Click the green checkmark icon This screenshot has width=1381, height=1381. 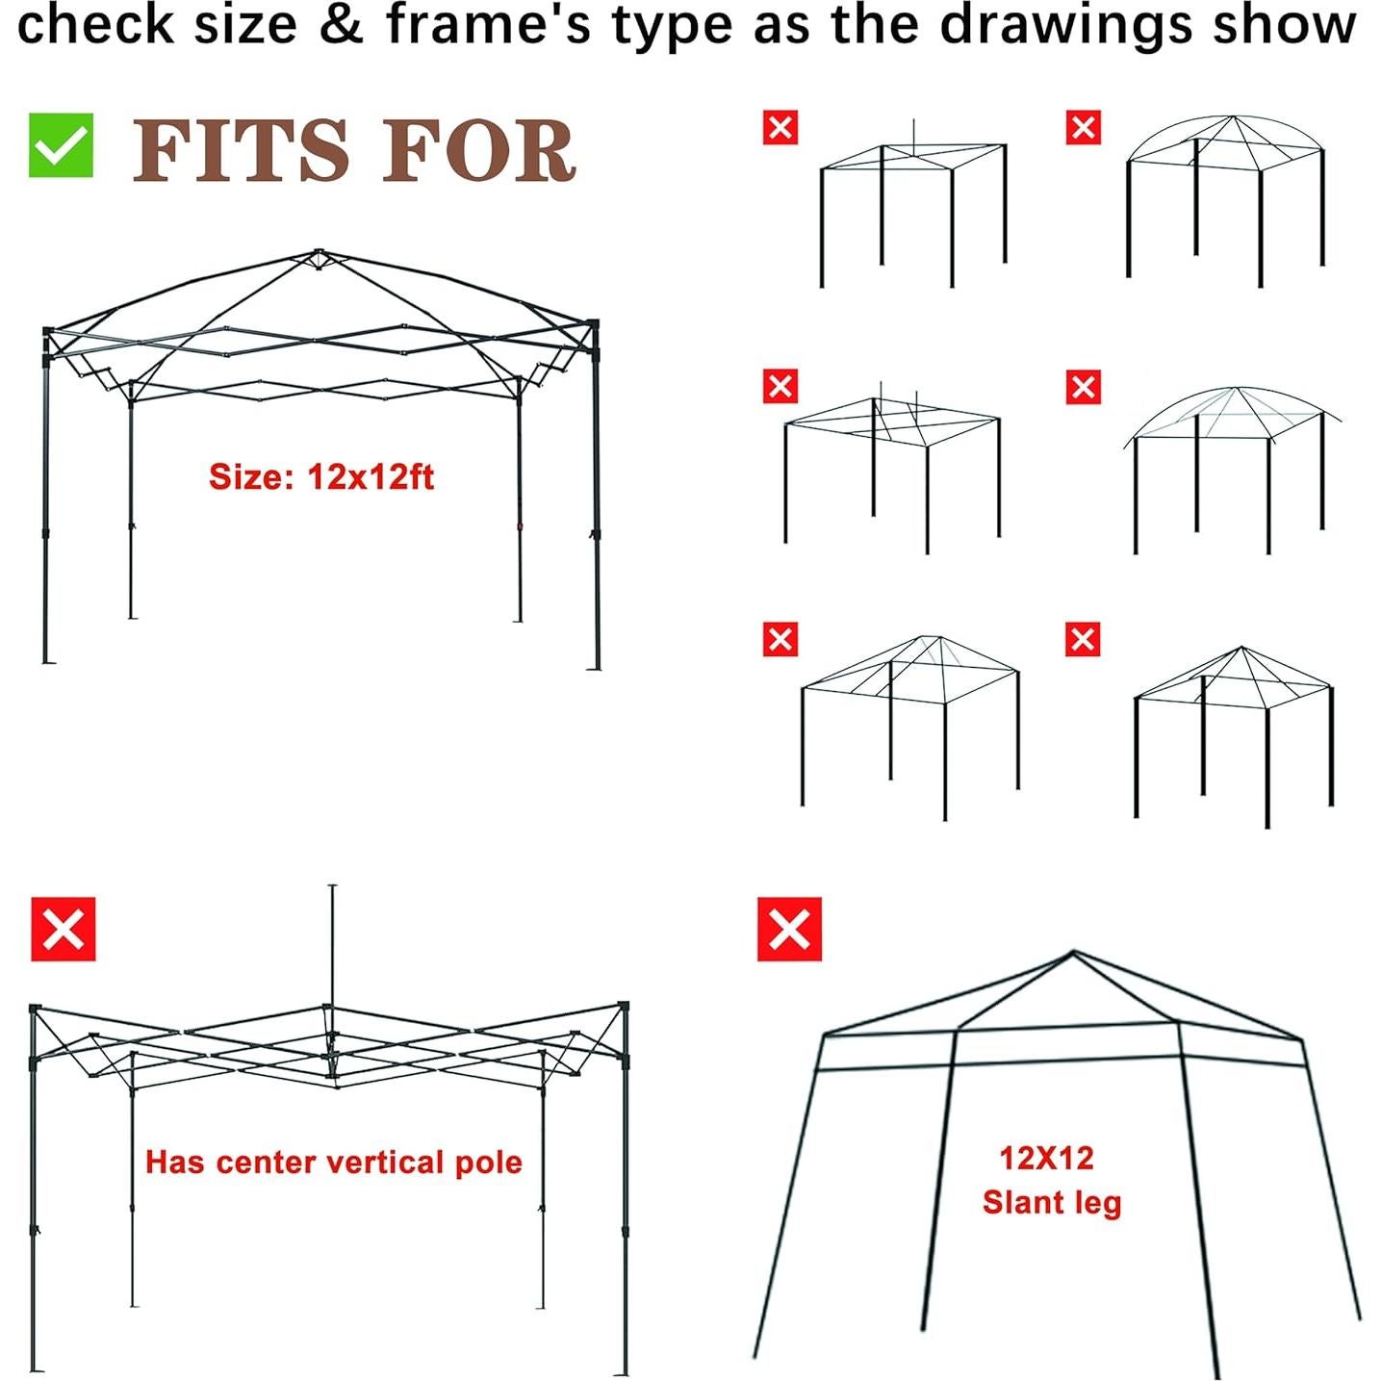click(61, 145)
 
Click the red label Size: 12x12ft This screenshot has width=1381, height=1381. click(321, 477)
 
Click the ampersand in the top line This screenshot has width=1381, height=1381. click(341, 25)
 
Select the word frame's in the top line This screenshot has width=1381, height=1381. click(490, 25)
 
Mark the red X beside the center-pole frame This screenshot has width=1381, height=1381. click(64, 930)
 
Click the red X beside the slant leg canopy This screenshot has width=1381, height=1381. click(789, 930)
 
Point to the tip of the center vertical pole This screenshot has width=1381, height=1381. click(332, 886)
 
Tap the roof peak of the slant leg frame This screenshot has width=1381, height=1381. click(1073, 953)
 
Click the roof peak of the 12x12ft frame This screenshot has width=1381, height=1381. click(318, 253)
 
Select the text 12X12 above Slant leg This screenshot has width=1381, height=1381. click(1046, 1158)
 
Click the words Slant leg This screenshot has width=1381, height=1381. click(1052, 1203)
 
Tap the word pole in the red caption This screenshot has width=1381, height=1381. click(489, 1163)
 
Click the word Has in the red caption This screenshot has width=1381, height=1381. click(174, 1163)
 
